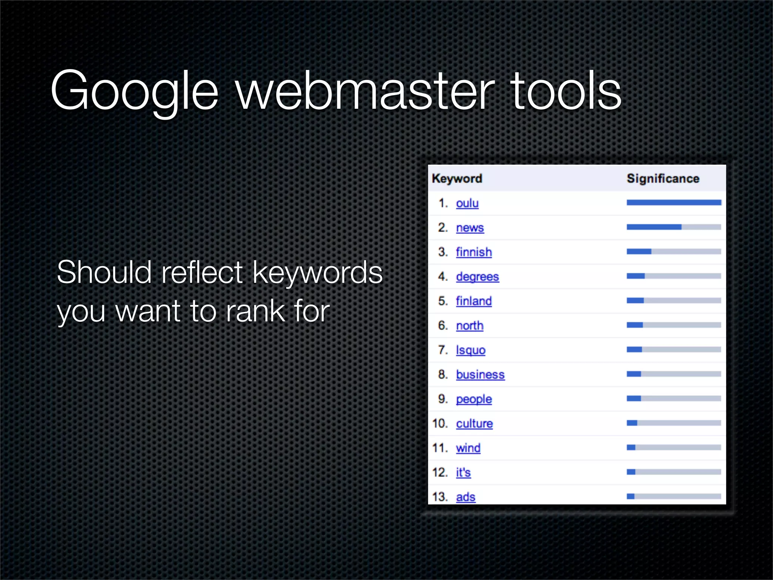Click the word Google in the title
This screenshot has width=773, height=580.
[x=134, y=91]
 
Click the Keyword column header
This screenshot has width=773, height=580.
[x=457, y=178]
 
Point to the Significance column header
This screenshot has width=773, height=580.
[x=663, y=178]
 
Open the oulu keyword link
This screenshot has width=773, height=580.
[x=467, y=203]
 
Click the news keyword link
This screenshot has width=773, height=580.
[x=470, y=228]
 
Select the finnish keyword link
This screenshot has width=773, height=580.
[x=474, y=252]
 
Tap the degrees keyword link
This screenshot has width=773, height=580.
[x=477, y=276]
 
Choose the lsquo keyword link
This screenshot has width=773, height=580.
[x=471, y=350]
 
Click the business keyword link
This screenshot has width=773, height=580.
[x=480, y=375]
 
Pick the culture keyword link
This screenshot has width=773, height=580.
[x=474, y=423]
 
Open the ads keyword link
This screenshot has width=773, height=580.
[x=465, y=497]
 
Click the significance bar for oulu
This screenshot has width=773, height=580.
[x=674, y=203]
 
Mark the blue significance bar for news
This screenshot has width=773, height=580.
[x=654, y=227]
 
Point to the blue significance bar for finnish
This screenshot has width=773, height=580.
[x=639, y=251]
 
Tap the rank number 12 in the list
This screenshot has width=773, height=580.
[x=440, y=472]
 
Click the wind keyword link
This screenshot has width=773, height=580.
[x=468, y=448]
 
